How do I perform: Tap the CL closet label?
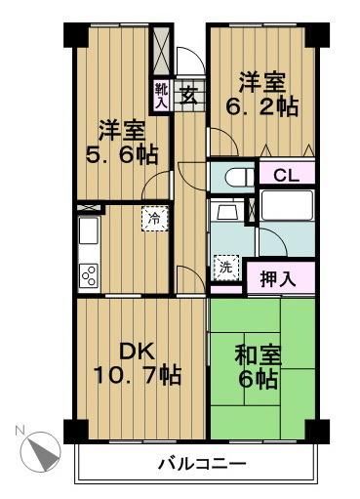pos(285,176)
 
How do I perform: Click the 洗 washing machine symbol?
pos(224,266)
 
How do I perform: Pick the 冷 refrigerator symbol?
pos(154,219)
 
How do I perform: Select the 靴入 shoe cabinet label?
pos(161,96)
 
